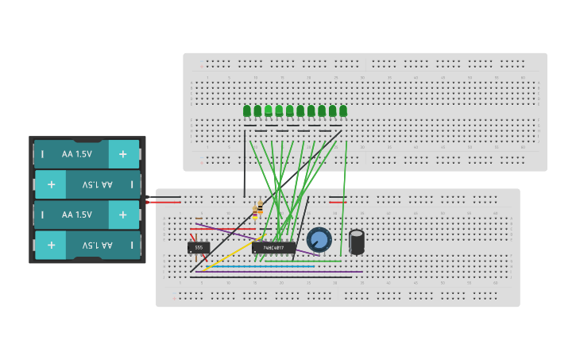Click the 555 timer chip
coord(199,247)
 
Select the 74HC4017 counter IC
coord(274,247)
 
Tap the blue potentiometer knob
coord(319,239)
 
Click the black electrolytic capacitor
coord(357,241)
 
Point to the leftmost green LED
coord(247,110)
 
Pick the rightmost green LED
coord(343,110)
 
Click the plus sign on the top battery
coord(122,153)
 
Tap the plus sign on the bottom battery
coord(51,245)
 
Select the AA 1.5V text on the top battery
coord(77,153)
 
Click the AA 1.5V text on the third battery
coord(77,215)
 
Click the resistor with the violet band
coord(261,210)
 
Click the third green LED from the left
coord(269,110)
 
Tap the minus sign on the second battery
coord(131,184)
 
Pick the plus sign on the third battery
coord(122,215)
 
